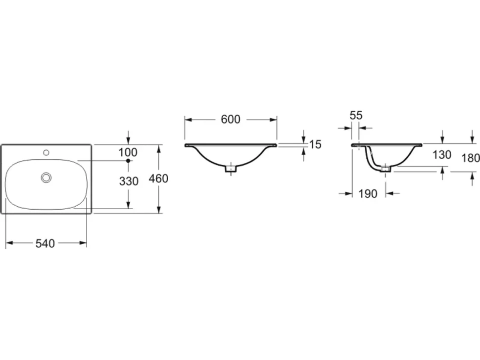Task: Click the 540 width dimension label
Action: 45,243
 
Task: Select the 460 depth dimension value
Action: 158,179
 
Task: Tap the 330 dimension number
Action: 129,181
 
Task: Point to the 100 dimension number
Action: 128,152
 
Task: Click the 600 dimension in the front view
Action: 231,119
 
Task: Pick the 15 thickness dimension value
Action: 315,144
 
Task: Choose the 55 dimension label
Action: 356,115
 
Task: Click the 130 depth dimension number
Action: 442,155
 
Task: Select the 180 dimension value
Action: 471,158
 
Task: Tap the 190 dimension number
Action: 368,194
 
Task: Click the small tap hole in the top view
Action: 46,152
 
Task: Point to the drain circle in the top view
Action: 46,177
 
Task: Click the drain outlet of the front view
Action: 231,169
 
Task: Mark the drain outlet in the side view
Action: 385,169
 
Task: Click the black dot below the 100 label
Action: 128,161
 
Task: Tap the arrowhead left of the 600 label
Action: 188,120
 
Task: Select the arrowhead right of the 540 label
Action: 83,243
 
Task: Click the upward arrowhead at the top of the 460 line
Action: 158,148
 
